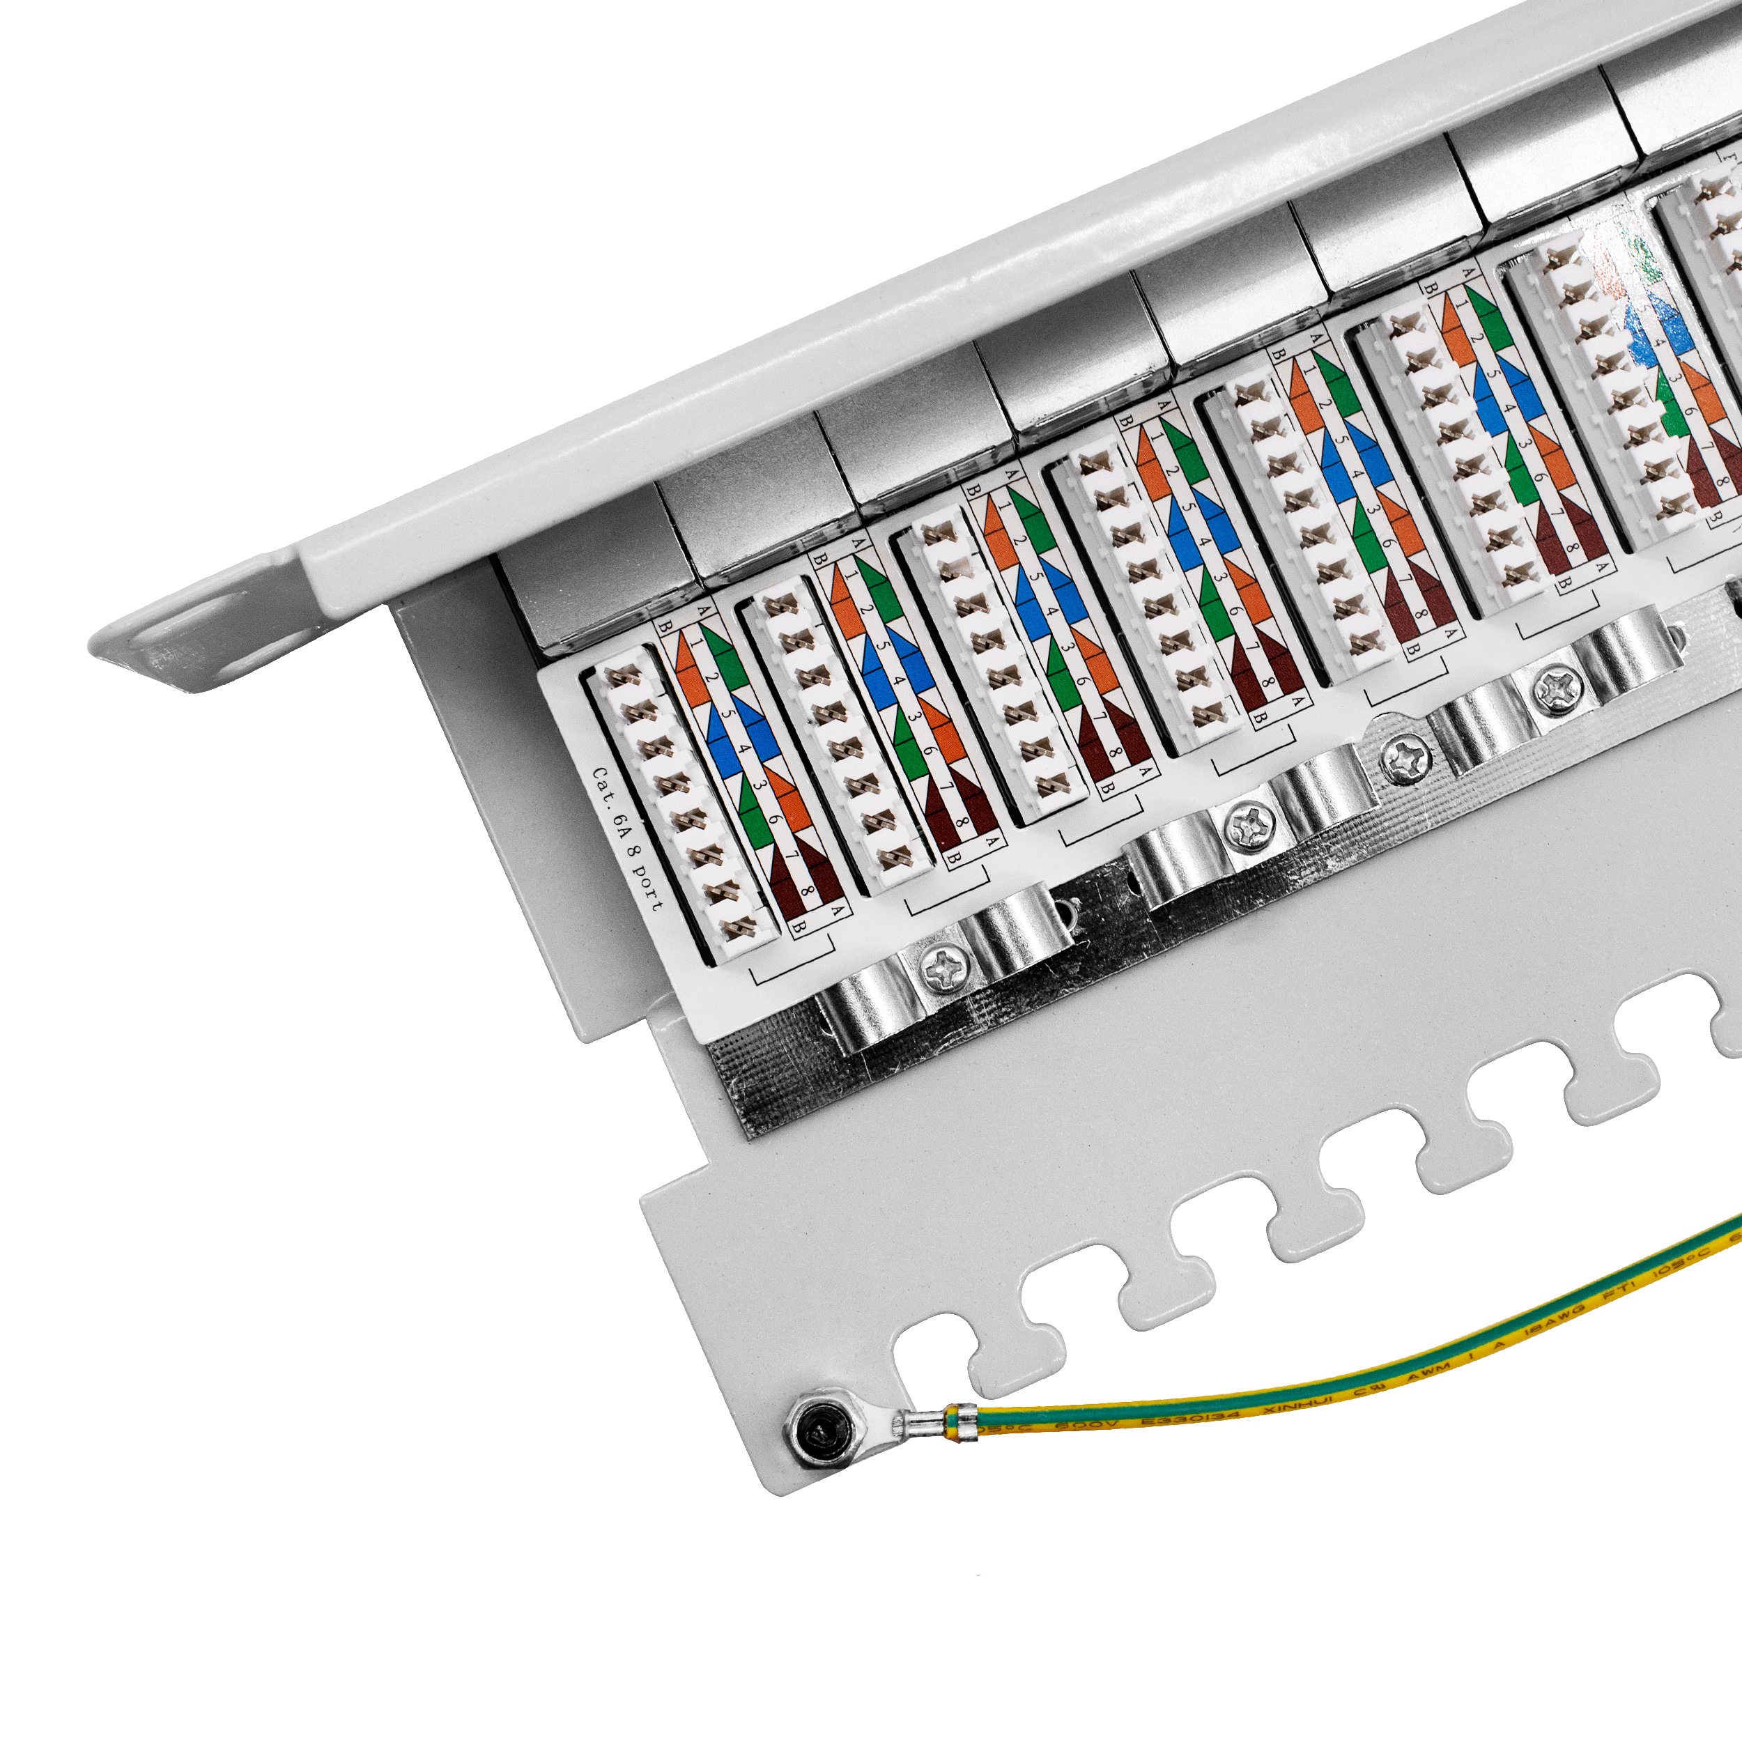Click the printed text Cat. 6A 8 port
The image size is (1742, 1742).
tap(626, 838)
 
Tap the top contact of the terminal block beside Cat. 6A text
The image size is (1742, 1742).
tap(622, 678)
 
